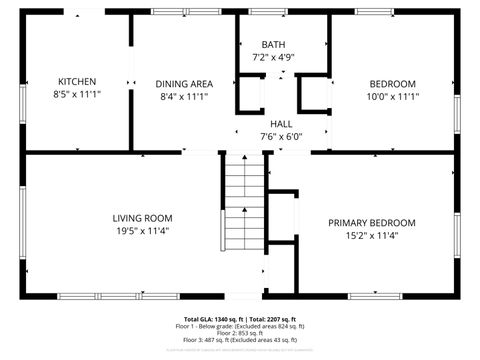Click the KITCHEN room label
click(x=77, y=82)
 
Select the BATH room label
click(x=273, y=46)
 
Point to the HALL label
click(x=281, y=123)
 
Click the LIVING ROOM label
click(x=142, y=218)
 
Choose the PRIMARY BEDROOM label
click(x=372, y=223)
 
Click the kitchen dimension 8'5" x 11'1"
click(x=77, y=95)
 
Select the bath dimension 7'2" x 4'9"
click(x=273, y=58)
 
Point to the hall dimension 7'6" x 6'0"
click(x=281, y=136)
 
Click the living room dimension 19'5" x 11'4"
click(x=142, y=231)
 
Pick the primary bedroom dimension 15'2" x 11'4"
click(x=372, y=236)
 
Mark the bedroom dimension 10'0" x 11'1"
click(x=393, y=97)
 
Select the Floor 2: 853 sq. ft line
click(x=240, y=333)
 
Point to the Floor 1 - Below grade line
click(x=240, y=326)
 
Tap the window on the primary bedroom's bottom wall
click(x=375, y=296)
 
